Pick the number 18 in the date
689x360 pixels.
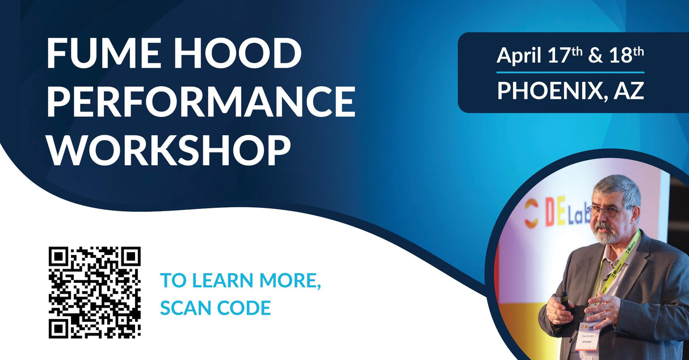point(622,56)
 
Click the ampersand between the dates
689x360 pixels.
point(595,56)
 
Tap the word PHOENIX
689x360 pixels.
point(545,91)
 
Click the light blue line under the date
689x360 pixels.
point(570,73)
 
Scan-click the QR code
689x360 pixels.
point(94,292)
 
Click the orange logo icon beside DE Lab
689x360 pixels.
point(530,213)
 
